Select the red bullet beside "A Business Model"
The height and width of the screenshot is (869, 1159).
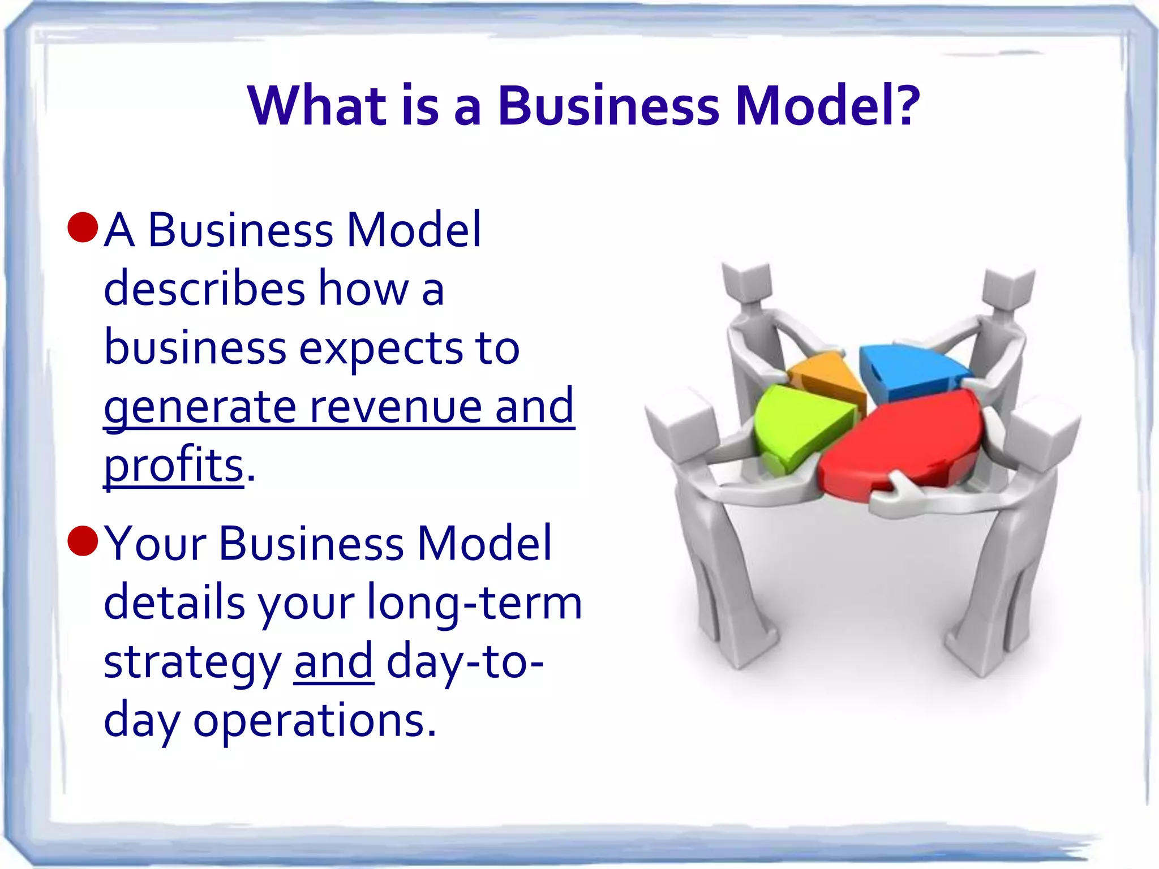[x=83, y=227]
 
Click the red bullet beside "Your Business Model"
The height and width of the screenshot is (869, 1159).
[x=83, y=540]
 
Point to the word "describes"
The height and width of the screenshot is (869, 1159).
[x=204, y=288]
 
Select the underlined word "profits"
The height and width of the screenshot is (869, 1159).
[x=174, y=464]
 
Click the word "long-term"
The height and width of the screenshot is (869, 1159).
[x=474, y=603]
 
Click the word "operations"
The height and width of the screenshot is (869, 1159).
[x=315, y=721]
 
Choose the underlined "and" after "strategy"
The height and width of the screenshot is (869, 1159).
[x=333, y=661]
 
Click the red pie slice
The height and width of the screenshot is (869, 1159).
[x=905, y=441]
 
